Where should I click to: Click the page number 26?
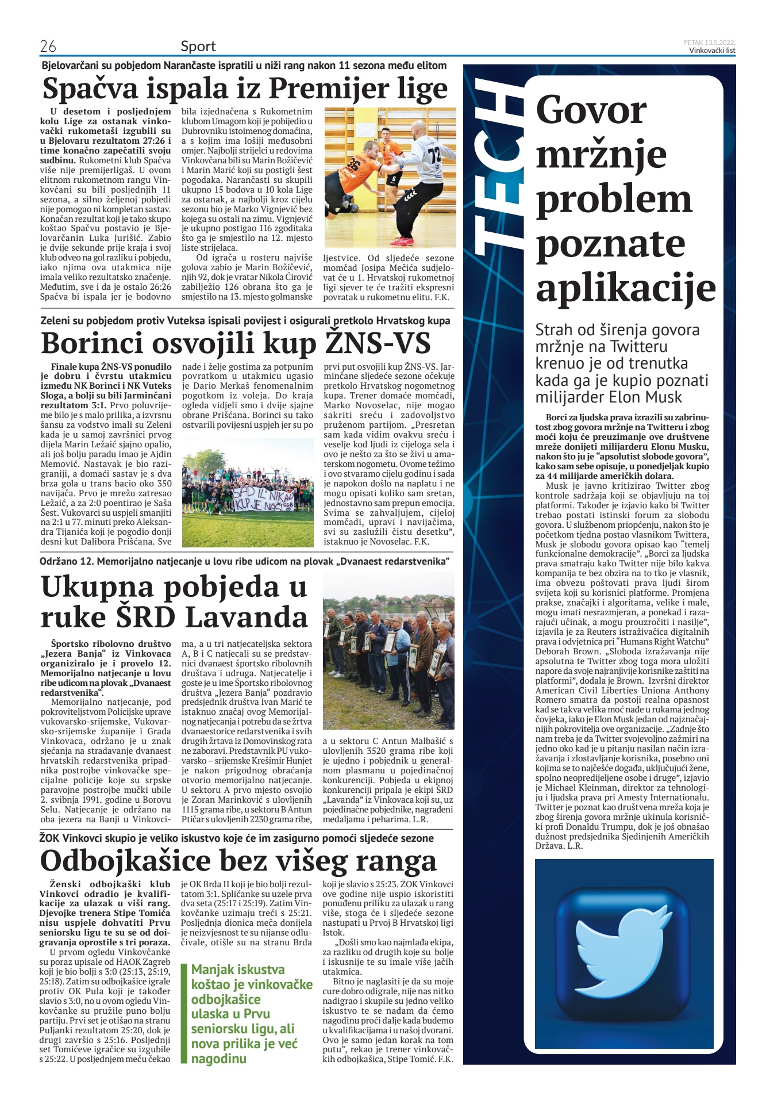pyautogui.click(x=48, y=46)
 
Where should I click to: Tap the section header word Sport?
pyautogui.click(x=198, y=46)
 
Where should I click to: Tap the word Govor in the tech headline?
pyautogui.click(x=591, y=110)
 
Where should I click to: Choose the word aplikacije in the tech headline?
pyautogui.click(x=625, y=288)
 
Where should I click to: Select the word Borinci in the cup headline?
pyautogui.click(x=92, y=343)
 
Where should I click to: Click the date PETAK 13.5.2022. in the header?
pyautogui.click(x=709, y=43)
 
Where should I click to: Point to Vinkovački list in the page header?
pyautogui.click(x=712, y=51)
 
